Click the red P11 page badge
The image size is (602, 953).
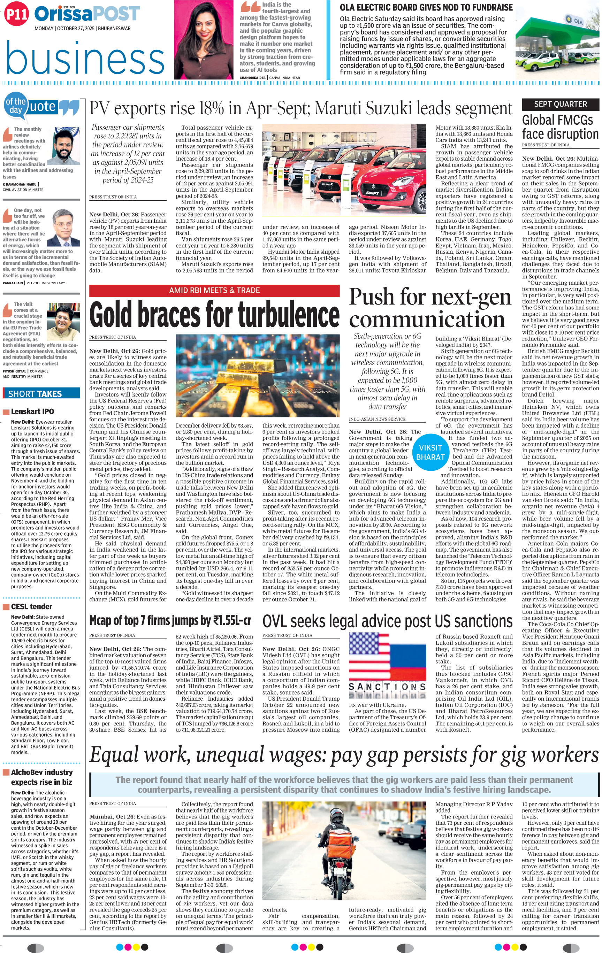coord(17,15)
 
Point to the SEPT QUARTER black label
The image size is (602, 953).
coord(560,104)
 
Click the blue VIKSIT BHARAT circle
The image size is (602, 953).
coord(430,452)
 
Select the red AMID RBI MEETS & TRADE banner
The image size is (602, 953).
coord(214,290)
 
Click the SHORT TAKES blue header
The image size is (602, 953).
coord(35,393)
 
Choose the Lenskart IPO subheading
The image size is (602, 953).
coord(32,411)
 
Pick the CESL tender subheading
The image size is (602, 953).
coord(32,606)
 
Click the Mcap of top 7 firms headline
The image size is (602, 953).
coord(170,621)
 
